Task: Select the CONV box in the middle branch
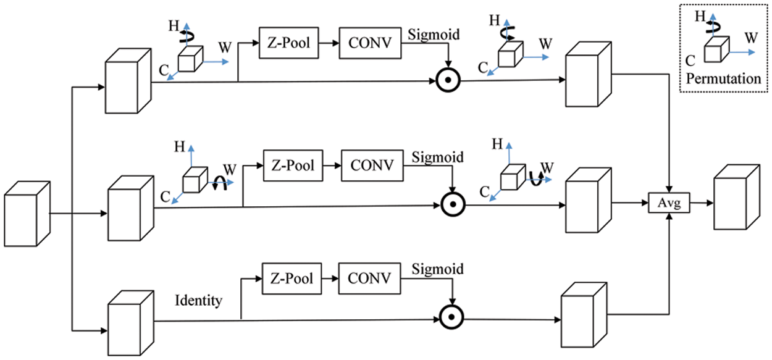372,165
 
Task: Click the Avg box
669,203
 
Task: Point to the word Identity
198,301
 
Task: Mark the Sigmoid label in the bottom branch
437,270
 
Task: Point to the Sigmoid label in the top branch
434,35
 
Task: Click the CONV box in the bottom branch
370,278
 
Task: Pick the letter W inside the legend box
751,38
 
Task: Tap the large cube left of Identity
130,320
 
